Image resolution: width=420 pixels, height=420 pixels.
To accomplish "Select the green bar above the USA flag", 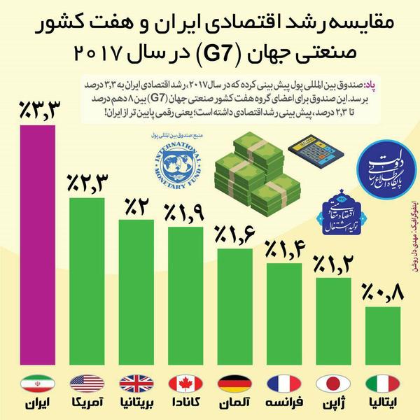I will pos(87,287).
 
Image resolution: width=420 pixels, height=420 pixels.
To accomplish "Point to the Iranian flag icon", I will pos(38,384).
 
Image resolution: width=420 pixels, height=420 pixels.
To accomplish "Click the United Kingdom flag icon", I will pos(136,384).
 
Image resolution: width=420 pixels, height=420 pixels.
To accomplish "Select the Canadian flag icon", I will pos(185,384).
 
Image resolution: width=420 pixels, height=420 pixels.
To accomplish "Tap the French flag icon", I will pos(283,384).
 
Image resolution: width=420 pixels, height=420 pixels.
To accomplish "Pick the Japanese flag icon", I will pos(333,384).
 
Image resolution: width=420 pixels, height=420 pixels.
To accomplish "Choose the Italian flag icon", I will pos(382,384).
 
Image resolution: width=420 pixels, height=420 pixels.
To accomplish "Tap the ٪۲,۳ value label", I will pos(87,183).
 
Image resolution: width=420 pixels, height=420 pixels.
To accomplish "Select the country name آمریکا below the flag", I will pos(87,405).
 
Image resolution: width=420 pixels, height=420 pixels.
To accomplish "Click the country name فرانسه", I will pos(283,405).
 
